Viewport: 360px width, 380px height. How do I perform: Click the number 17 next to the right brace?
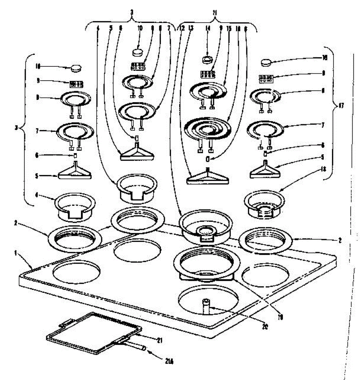tap(341, 106)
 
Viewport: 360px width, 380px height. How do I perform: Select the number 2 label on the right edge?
tap(339, 240)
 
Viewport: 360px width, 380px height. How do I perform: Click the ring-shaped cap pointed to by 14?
tap(208, 59)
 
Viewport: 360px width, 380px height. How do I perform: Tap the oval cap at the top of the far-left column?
tap(76, 67)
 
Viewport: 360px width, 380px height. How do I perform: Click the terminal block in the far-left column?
tap(76, 84)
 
